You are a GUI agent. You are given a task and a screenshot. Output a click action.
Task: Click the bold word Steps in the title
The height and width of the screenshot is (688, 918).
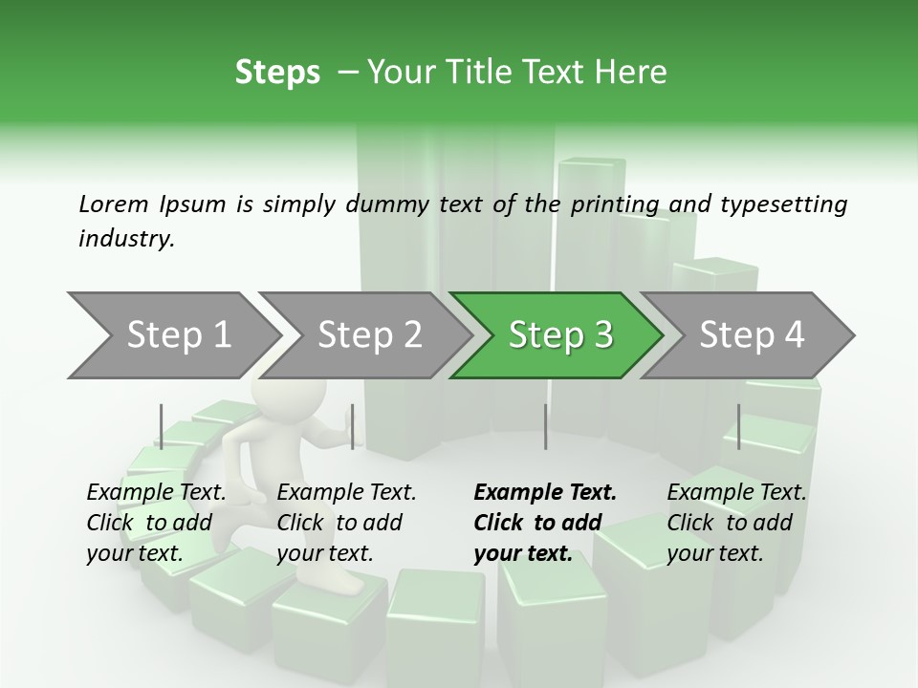pos(277,73)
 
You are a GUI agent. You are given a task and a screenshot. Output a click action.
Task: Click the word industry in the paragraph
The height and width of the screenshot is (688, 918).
pos(125,238)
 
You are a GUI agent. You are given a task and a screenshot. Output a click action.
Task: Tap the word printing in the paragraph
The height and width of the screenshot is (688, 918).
pos(610,204)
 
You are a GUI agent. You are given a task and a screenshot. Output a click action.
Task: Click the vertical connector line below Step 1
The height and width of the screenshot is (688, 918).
pos(162,426)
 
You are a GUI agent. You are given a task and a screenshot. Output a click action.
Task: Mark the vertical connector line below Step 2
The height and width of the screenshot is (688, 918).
pos(353,426)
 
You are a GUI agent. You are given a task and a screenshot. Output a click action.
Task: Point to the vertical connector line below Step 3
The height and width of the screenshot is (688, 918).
pos(545,426)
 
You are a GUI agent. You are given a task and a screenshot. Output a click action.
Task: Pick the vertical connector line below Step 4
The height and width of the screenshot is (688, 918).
pos(738,426)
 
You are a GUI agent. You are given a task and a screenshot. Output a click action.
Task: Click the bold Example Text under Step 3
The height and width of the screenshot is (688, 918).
pos(545,492)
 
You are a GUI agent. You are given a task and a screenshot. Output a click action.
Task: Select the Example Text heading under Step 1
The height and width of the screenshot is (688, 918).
pos(156,492)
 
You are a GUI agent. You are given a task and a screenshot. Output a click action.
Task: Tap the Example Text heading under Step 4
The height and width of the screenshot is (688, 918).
pos(736,492)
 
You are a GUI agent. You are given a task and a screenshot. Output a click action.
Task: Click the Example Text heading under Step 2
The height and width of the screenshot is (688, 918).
pos(346,492)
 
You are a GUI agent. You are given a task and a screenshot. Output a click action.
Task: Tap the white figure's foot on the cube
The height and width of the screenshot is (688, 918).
pos(335,583)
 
